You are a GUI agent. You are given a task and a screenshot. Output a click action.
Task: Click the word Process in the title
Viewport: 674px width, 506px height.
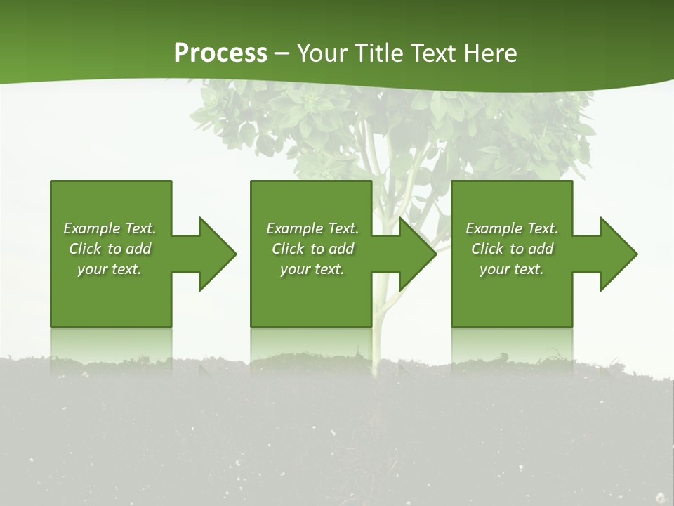tap(220, 53)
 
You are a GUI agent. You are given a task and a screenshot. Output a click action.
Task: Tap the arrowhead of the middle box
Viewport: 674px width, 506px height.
tap(417, 254)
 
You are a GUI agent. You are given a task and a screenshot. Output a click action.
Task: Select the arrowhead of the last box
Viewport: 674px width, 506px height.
tap(617, 254)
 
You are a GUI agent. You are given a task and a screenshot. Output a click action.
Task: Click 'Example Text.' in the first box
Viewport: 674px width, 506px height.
tap(110, 228)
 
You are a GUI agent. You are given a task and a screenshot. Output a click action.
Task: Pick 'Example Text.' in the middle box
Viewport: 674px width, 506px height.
tap(312, 228)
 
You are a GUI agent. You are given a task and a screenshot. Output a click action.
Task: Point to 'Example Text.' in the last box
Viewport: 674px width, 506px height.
tap(512, 228)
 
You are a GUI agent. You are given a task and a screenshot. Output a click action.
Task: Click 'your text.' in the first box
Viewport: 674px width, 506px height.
tap(110, 269)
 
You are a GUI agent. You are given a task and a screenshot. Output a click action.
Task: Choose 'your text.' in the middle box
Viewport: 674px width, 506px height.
tap(312, 269)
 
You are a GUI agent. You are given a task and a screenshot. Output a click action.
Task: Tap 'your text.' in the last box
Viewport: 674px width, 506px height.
tap(512, 269)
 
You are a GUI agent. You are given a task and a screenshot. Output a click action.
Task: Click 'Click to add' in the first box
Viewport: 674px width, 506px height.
tap(110, 249)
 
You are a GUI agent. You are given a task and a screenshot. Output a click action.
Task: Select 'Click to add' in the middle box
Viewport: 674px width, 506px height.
tap(312, 249)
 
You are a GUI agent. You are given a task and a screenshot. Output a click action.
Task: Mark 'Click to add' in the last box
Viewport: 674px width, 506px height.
tap(512, 249)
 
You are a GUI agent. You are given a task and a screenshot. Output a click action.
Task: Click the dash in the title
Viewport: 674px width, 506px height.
tap(282, 54)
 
